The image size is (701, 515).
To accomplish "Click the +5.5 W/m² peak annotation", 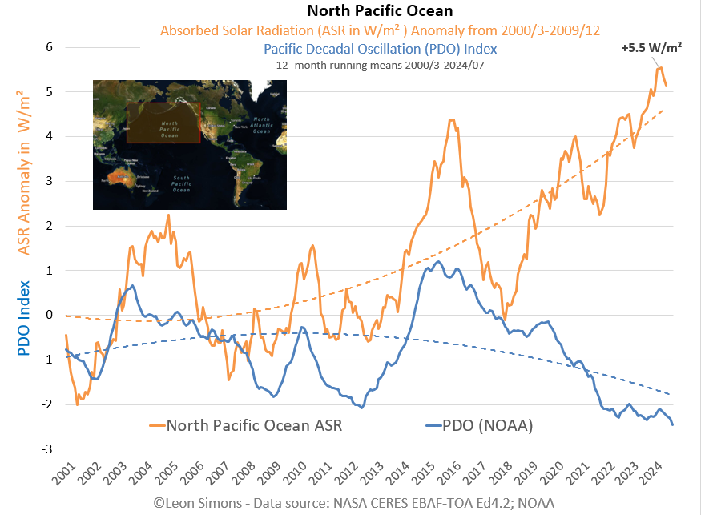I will [x=651, y=48].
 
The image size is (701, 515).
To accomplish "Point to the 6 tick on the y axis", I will [x=48, y=47].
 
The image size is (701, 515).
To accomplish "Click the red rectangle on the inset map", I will [x=163, y=123].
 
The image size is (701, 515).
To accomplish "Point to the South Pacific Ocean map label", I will [x=180, y=184].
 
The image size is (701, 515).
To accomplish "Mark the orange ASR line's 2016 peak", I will [x=452, y=120].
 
